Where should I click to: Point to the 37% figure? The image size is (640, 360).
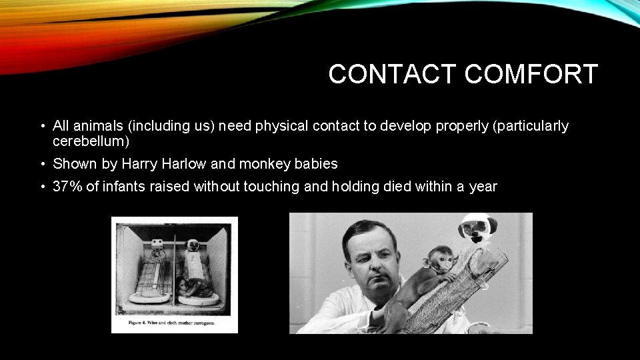[67, 187]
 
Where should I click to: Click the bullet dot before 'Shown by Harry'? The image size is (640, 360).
[42, 164]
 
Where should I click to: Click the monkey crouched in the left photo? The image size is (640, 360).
[197, 287]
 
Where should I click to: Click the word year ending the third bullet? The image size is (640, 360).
[483, 187]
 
